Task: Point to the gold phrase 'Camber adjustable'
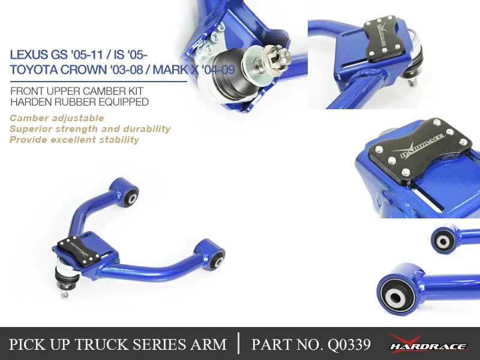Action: point(57,118)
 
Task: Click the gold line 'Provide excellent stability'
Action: point(74,140)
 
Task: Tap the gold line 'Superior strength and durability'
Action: point(90,129)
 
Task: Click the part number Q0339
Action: point(349,344)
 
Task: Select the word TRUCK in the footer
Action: point(103,344)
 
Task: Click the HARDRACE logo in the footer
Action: point(428,343)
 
